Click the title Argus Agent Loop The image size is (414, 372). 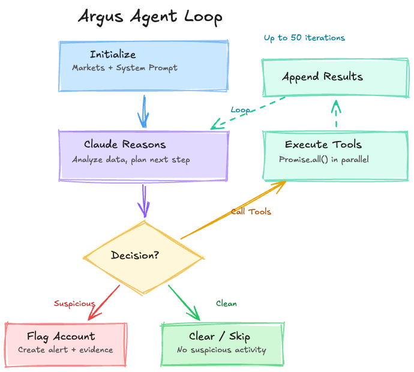pos(150,17)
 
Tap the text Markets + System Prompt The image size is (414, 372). pos(124,68)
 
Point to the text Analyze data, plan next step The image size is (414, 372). pos(131,160)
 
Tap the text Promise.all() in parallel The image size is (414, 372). pos(323,160)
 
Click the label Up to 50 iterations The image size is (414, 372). pos(304,38)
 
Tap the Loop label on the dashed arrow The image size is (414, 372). pos(241,110)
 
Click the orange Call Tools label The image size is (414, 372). pos(252,212)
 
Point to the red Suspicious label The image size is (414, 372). pos(75,304)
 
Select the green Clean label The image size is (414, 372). pos(226,304)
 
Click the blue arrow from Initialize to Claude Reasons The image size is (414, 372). pos(143,111)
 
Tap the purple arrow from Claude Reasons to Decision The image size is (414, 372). pos(143,200)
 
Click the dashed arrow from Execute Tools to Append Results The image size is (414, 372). pos(336,114)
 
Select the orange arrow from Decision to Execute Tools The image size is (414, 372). pos(234,210)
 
